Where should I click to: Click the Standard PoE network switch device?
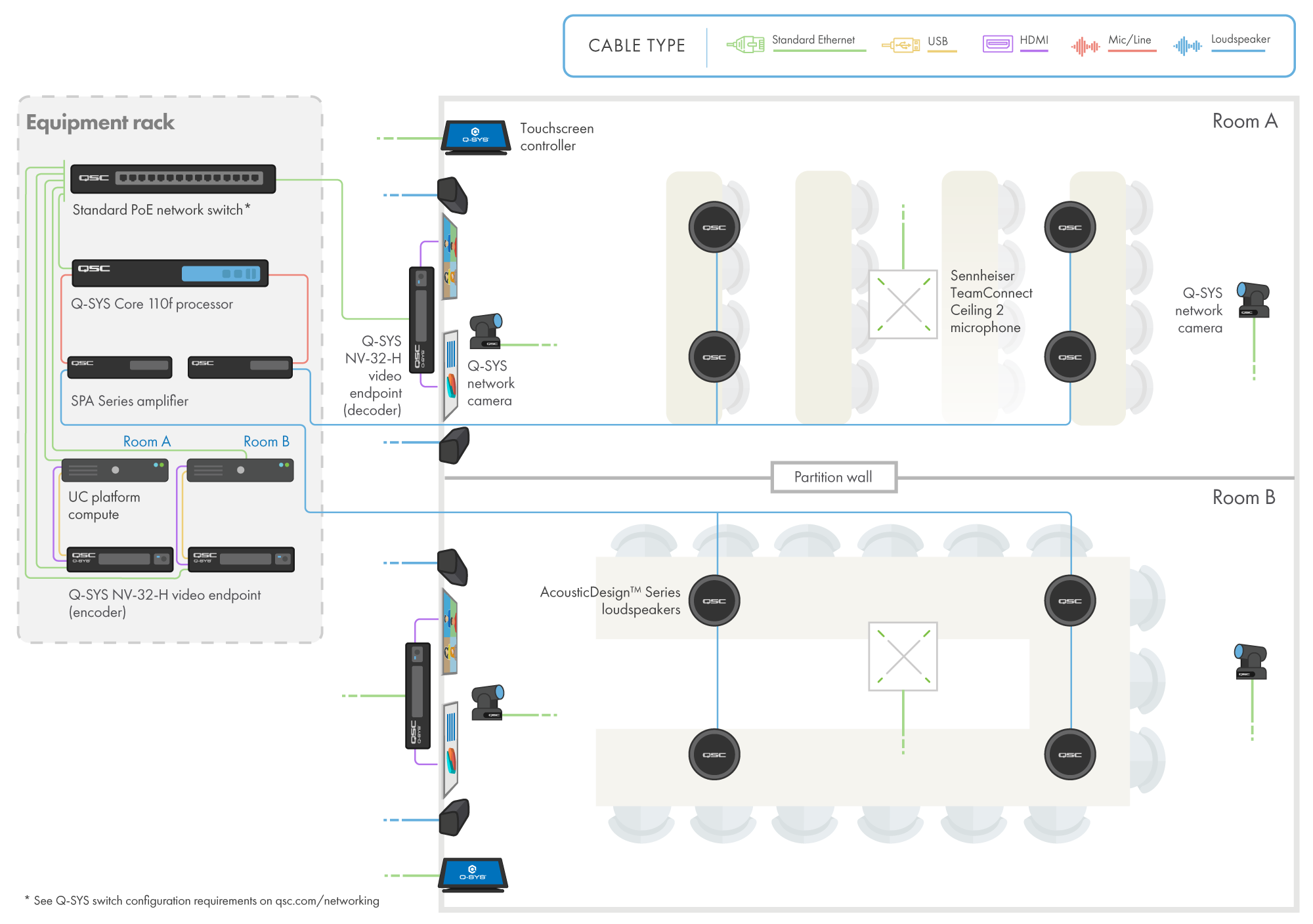[x=173, y=178]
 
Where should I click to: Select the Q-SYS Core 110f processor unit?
[x=169, y=273]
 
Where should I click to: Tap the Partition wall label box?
[x=833, y=477]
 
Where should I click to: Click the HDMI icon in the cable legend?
[x=997, y=44]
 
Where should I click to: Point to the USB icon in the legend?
[x=901, y=45]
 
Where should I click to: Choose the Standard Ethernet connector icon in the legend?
[x=746, y=45]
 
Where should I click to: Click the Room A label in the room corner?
[x=1245, y=121]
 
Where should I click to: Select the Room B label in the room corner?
[x=1243, y=497]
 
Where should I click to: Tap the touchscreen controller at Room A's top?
[x=476, y=136]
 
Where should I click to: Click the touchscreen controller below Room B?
[x=473, y=874]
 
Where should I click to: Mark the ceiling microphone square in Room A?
[x=903, y=304]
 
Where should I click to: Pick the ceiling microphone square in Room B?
[x=903, y=657]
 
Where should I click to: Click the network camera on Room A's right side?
[x=1253, y=301]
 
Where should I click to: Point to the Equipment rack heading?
[x=100, y=123]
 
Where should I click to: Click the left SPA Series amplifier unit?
[x=119, y=367]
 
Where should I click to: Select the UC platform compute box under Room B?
[x=240, y=471]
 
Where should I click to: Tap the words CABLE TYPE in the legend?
[x=636, y=45]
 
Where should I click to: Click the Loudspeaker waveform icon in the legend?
[x=1187, y=46]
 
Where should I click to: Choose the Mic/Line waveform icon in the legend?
[x=1085, y=47]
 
